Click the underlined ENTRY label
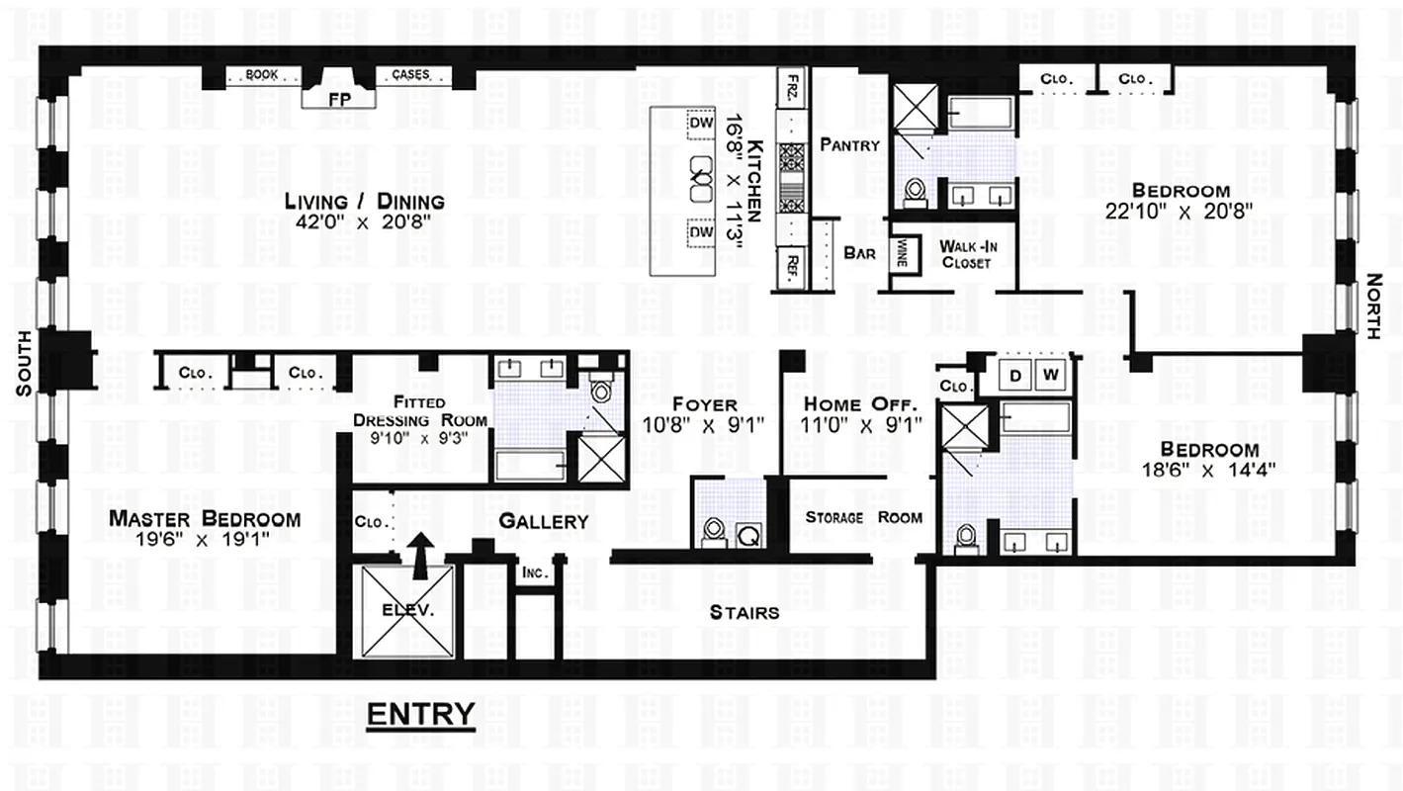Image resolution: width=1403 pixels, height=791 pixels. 420,714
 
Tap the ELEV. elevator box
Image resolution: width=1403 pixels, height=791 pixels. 407,610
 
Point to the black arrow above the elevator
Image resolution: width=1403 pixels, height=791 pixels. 421,554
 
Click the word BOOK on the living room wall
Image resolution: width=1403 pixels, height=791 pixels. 261,74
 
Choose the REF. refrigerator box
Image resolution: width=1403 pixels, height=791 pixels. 792,266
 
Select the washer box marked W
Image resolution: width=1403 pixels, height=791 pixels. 1051,375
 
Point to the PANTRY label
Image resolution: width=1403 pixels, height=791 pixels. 849,144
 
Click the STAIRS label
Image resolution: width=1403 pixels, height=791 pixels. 744,612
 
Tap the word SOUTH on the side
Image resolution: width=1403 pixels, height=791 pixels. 24,364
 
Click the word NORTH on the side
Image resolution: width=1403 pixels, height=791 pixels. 1373,307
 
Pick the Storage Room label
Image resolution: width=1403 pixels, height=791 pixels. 863,517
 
